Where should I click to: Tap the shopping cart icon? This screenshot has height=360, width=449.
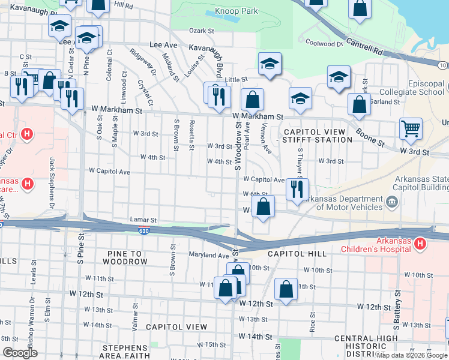pyautogui.click(x=411, y=128)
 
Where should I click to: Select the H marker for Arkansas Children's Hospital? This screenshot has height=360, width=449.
pyautogui.click(x=420, y=244)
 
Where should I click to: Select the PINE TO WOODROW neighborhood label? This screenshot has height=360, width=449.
pyautogui.click(x=124, y=257)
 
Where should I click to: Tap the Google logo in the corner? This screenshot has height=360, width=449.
pyautogui.click(x=19, y=353)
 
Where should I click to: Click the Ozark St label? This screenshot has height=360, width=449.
pyautogui.click(x=202, y=31)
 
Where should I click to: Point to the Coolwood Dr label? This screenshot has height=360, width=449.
pyautogui.click(x=324, y=43)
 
